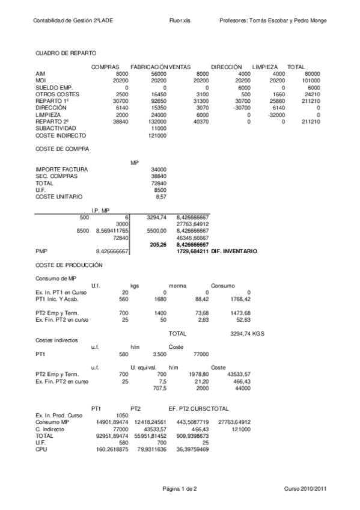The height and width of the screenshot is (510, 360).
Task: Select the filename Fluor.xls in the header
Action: (180, 21)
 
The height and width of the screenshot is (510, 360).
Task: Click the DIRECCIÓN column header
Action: (226, 66)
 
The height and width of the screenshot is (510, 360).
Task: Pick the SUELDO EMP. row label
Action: (54, 87)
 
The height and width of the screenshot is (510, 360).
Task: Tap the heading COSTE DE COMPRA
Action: (63, 148)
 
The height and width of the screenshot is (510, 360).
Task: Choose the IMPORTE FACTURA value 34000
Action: (159, 169)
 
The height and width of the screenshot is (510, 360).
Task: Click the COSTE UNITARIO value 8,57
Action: (160, 197)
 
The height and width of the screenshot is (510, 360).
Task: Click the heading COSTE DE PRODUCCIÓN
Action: (69, 265)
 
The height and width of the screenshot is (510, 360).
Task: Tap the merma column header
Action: (177, 285)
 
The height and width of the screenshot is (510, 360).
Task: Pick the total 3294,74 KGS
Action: (247, 333)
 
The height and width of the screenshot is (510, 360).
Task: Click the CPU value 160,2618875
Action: (112, 449)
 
